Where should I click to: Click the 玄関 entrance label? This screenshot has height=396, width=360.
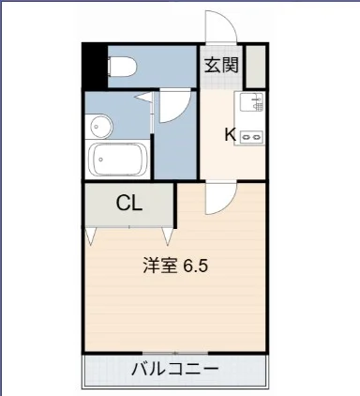221,66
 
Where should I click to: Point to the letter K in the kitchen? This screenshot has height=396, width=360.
229,133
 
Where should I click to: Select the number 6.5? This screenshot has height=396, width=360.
195,265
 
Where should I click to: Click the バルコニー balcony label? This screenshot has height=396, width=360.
174,368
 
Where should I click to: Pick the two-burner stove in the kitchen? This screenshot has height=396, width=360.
251,136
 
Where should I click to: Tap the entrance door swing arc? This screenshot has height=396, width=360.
223,26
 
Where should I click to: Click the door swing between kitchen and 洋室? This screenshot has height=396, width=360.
221,198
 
